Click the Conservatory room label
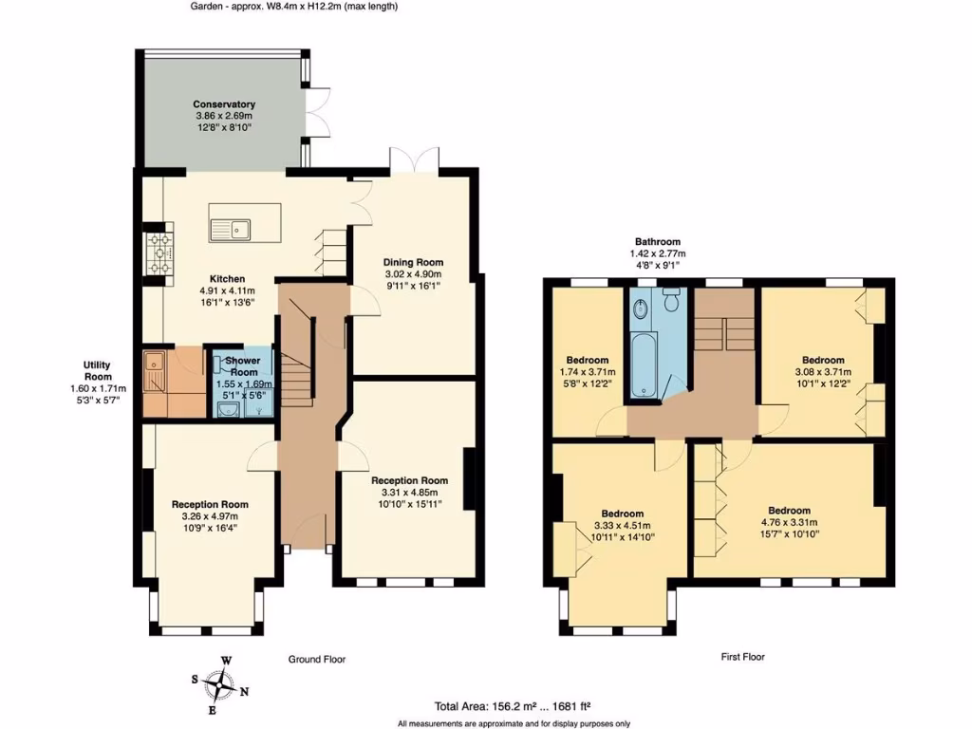[224, 104]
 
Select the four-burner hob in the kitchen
[156, 253]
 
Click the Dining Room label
[413, 262]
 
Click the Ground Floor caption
[317, 659]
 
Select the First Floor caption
[741, 657]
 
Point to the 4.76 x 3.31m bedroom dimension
[789, 522]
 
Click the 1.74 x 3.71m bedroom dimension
[588, 372]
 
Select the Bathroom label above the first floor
[658, 242]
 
